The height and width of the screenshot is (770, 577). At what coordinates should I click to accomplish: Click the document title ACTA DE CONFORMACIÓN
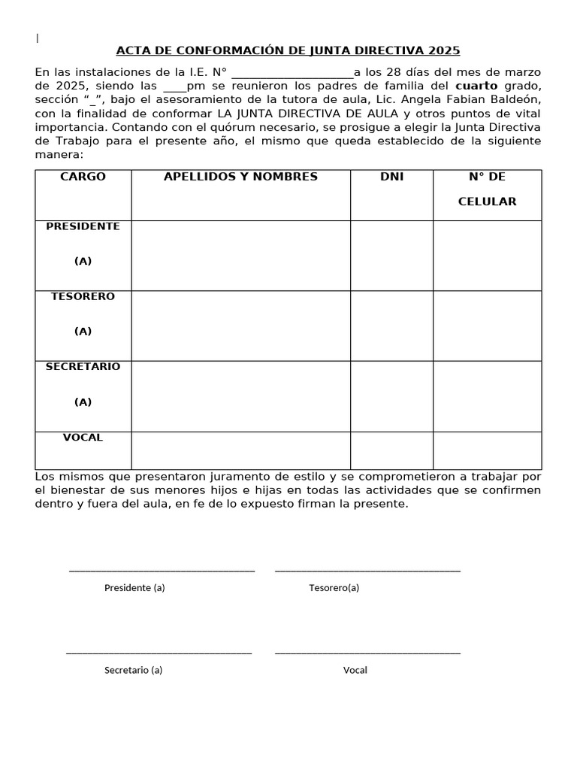(x=288, y=50)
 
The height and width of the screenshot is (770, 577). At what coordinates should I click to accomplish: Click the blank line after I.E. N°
(x=292, y=74)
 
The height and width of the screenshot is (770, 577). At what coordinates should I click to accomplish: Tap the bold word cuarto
(x=477, y=86)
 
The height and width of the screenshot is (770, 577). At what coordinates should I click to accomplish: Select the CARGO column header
(x=83, y=177)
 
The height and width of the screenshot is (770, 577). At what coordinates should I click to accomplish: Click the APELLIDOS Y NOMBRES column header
(x=240, y=177)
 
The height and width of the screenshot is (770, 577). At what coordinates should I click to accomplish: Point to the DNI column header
(x=391, y=177)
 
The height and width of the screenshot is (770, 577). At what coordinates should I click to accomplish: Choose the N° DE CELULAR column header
(x=487, y=189)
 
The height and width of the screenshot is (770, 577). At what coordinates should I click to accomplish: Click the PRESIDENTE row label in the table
(x=83, y=226)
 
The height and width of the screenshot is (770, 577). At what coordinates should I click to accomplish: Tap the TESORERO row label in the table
(x=83, y=296)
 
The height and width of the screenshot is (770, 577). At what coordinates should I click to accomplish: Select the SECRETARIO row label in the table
(x=83, y=367)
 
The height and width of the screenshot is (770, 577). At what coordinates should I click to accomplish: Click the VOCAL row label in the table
(x=83, y=438)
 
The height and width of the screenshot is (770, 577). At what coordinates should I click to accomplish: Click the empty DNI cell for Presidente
(x=391, y=256)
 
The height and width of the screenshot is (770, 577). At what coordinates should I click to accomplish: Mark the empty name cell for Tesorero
(x=240, y=326)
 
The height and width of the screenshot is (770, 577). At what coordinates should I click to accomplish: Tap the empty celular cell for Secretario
(x=487, y=396)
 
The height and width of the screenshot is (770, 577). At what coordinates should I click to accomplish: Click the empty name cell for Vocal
(x=240, y=450)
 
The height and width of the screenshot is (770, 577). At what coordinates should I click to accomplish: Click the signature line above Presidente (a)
(x=162, y=571)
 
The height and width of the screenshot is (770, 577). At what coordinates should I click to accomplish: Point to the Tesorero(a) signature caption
(x=334, y=588)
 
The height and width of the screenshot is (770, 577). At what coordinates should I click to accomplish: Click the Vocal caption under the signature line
(x=355, y=670)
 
